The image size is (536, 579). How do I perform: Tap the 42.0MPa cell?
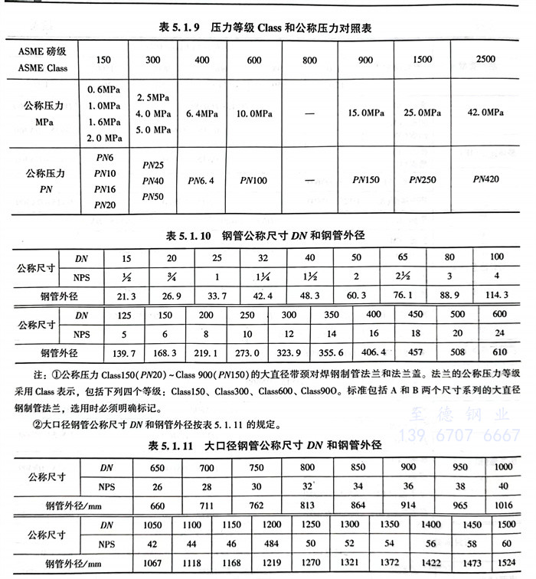[485, 113]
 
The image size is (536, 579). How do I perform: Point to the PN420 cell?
[485, 178]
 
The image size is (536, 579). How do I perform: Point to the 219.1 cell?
[206, 354]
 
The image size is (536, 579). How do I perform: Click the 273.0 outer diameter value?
[247, 354]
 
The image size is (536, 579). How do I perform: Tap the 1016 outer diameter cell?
[504, 505]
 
